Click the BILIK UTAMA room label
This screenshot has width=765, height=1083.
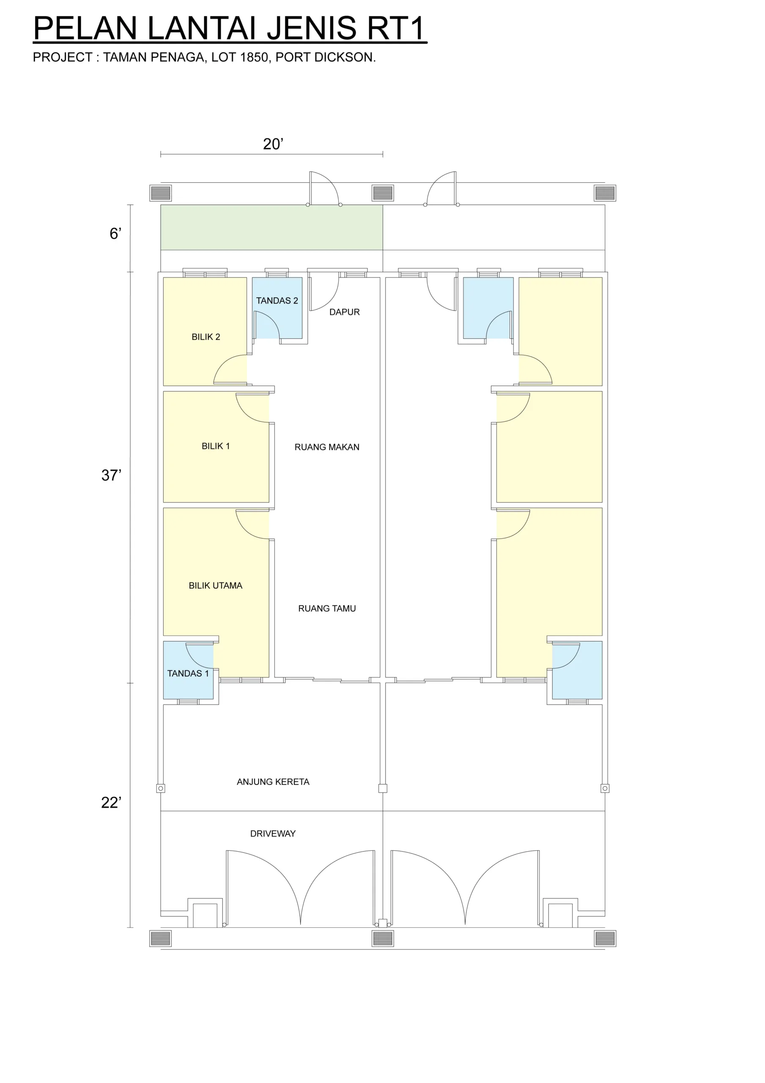click(x=216, y=585)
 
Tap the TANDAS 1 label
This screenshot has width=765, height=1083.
click(x=188, y=673)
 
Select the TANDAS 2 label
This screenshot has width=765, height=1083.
click(x=277, y=300)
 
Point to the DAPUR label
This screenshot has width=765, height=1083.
click(x=344, y=312)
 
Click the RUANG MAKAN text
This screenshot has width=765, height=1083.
click(x=327, y=447)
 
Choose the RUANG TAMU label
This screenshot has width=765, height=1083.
click(x=327, y=608)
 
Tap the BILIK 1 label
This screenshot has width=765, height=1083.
click(x=216, y=446)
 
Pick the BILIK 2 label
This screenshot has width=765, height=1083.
click(x=206, y=337)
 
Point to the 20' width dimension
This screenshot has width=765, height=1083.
click(x=273, y=144)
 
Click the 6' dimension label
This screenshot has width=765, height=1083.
click(x=115, y=234)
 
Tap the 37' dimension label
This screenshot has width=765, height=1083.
click(x=111, y=475)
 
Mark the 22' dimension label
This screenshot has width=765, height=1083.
click(x=111, y=803)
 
